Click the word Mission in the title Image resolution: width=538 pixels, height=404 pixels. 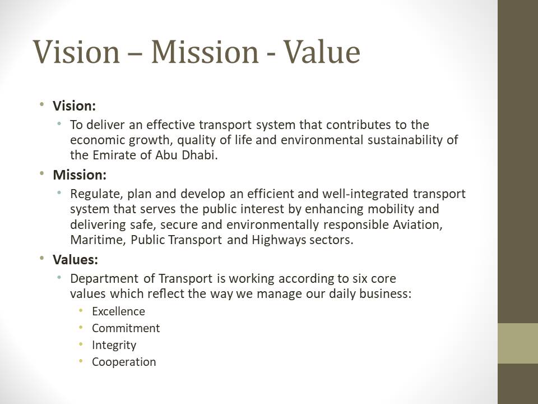(x=205, y=52)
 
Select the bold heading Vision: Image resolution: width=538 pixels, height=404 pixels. (x=74, y=106)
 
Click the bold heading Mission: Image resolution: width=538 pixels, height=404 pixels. (x=80, y=175)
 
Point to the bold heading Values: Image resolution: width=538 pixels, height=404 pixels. (x=76, y=259)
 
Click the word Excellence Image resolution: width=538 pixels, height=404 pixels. (x=118, y=311)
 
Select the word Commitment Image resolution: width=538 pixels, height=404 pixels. (x=126, y=328)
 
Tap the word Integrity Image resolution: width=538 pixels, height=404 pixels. (x=114, y=345)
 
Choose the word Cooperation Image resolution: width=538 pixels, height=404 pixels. (x=124, y=362)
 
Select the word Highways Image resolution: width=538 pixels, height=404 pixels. (x=279, y=240)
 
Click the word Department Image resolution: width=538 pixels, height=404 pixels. (x=104, y=279)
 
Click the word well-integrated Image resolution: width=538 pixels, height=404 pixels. (x=365, y=194)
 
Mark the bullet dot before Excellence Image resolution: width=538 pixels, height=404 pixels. (x=81, y=310)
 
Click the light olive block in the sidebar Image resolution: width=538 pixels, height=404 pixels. (x=518, y=343)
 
